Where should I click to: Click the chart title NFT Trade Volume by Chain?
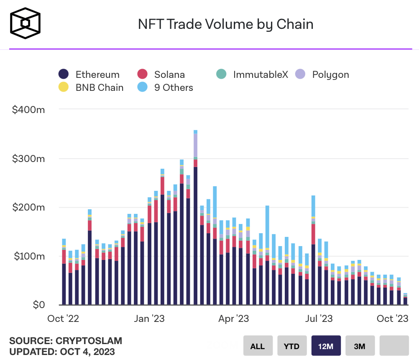click(226, 24)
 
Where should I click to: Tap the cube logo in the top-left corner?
click(26, 23)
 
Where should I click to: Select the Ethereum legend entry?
click(89, 75)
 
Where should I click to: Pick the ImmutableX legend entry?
click(252, 75)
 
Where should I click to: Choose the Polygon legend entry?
click(322, 75)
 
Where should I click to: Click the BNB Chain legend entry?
click(91, 87)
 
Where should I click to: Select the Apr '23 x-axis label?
click(234, 319)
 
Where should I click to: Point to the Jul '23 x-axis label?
click(319, 319)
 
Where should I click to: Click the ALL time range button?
click(258, 346)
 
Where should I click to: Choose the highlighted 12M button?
click(326, 346)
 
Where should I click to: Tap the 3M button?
click(360, 346)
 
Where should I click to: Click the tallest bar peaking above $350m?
click(195, 218)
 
